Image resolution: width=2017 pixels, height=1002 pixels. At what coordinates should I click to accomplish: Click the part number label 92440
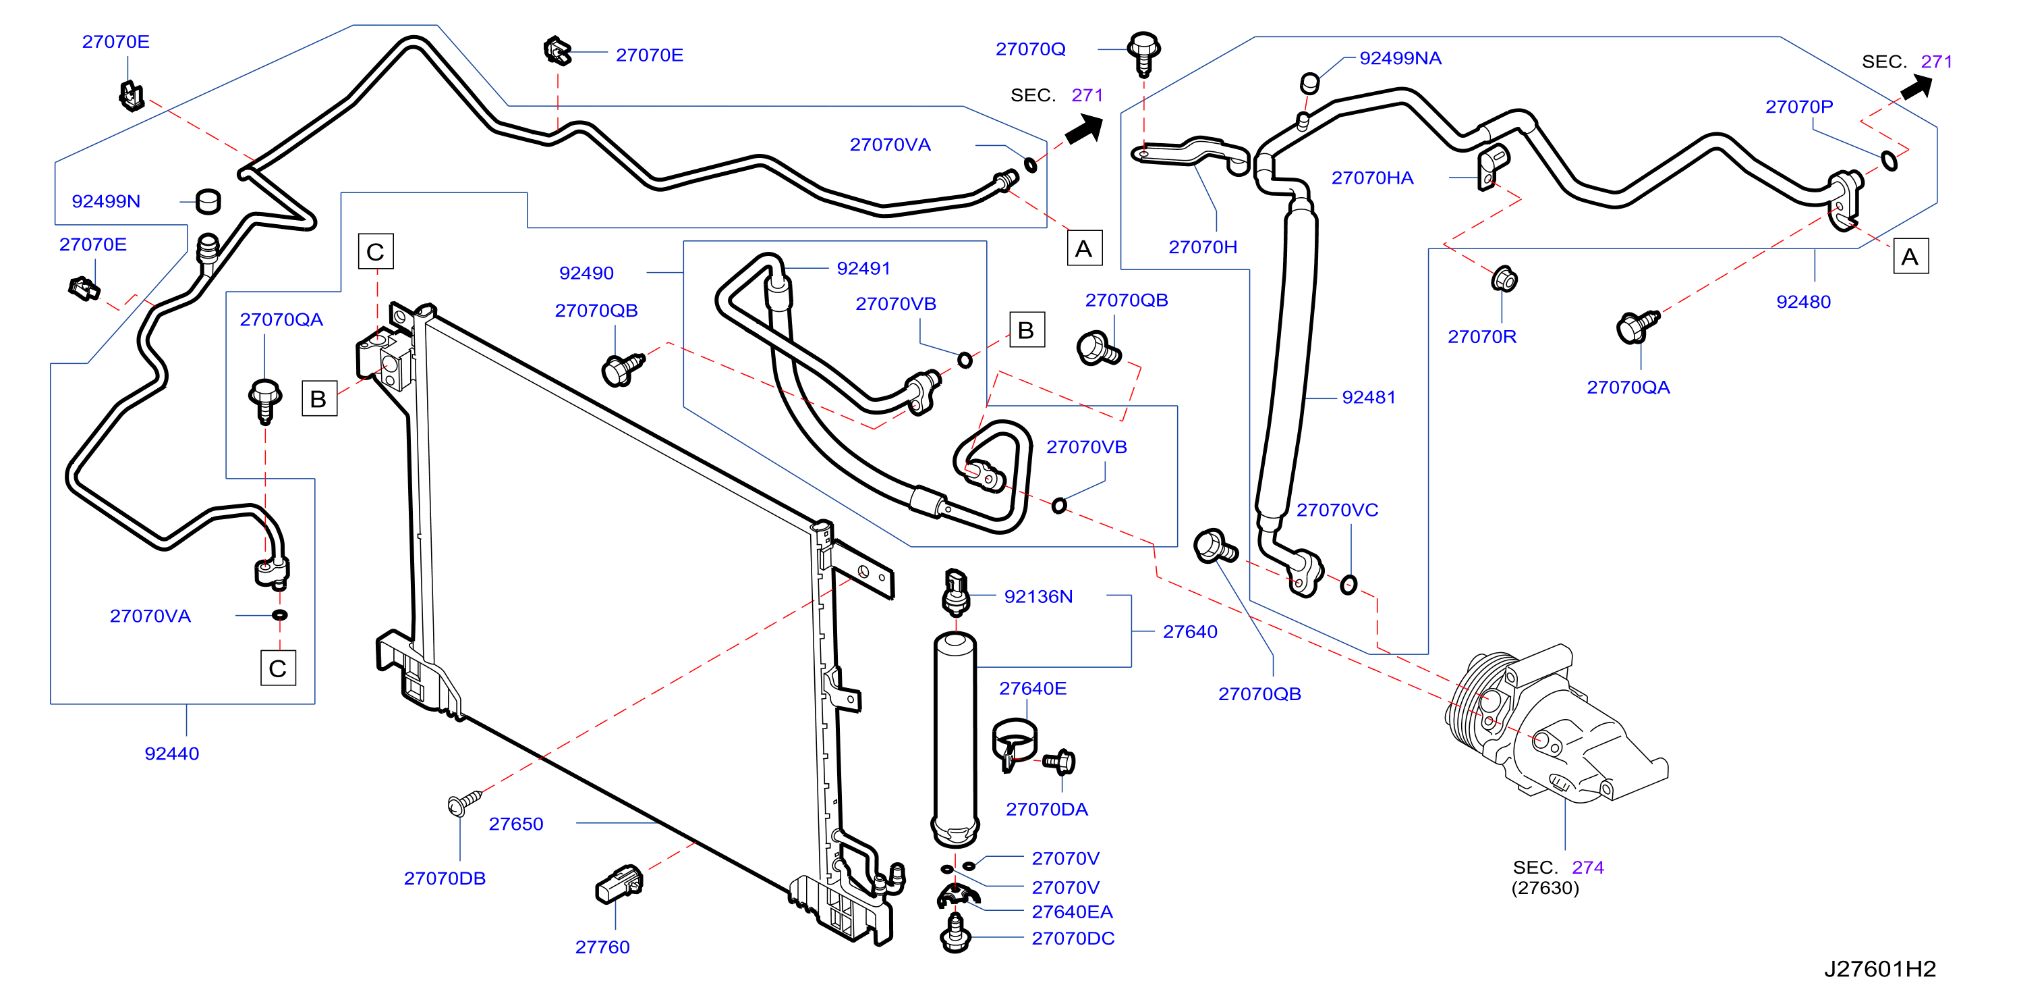(x=171, y=753)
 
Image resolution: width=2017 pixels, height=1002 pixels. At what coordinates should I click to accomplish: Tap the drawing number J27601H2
(x=1879, y=968)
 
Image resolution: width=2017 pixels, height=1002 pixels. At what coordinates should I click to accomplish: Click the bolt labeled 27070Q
(x=1143, y=53)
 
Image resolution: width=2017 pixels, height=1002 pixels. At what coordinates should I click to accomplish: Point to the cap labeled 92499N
(x=208, y=201)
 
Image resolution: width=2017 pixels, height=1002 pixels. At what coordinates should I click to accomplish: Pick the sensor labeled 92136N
(x=955, y=591)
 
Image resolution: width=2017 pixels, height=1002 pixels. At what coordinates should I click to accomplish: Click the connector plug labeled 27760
(x=619, y=884)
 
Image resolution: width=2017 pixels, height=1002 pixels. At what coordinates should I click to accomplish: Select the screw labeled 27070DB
(x=463, y=802)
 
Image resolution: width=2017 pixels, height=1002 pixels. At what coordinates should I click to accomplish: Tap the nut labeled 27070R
(x=1504, y=278)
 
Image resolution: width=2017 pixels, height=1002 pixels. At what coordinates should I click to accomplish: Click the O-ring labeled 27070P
(x=1890, y=161)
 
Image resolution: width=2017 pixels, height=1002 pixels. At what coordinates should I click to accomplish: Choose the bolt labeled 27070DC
(x=955, y=933)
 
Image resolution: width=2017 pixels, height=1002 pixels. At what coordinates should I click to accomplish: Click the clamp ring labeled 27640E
(x=1014, y=744)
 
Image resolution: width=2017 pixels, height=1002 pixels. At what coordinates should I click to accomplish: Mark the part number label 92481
(x=1369, y=397)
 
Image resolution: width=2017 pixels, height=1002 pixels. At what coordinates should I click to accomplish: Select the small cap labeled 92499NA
(x=1310, y=82)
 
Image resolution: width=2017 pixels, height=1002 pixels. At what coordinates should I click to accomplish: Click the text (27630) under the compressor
(x=1545, y=888)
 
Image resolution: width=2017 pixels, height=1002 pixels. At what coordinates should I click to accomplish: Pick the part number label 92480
(x=1803, y=302)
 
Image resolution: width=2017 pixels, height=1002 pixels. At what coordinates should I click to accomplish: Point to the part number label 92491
(x=863, y=268)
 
